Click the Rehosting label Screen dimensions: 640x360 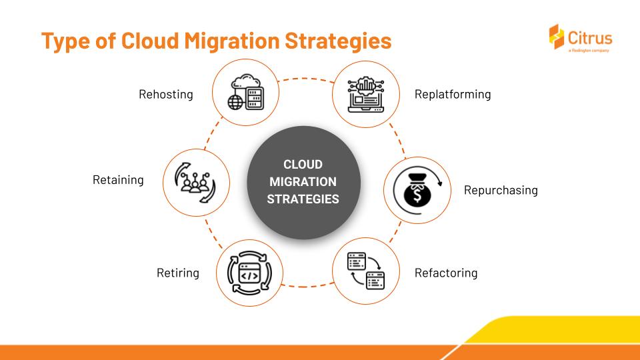click(166, 94)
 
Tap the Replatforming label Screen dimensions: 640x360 click(453, 94)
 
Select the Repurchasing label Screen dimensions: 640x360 click(501, 190)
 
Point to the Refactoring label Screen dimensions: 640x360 click(446, 273)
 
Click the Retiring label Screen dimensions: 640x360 click(178, 273)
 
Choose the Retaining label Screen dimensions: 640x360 click(118, 180)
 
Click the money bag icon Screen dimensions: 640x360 click(417, 190)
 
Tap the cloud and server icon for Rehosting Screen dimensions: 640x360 click(245, 92)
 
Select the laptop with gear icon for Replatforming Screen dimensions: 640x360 click(366, 94)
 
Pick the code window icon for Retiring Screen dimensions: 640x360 click(249, 273)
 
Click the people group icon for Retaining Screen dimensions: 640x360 click(195, 183)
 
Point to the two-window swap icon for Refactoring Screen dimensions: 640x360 click(366, 271)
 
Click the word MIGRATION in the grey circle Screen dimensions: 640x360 click(303, 181)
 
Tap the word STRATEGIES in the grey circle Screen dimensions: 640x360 click(303, 199)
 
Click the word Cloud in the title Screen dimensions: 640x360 click(150, 41)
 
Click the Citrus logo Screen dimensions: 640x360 click(581, 38)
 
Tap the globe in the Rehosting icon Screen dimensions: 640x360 click(235, 102)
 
